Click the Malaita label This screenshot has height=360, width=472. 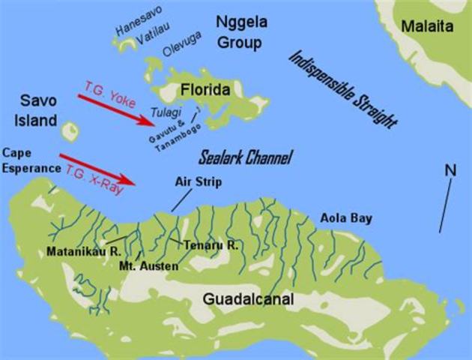tap(427, 27)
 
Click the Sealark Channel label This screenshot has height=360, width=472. tap(245, 158)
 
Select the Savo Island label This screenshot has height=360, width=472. tap(38, 111)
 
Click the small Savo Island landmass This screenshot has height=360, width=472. tap(70, 132)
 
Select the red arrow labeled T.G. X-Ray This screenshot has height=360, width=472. tap(97, 169)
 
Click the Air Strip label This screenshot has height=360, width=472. tap(198, 181)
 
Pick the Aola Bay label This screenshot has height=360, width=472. tap(346, 218)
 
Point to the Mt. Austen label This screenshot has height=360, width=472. tap(148, 265)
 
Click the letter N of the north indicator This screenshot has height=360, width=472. tap(450, 170)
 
